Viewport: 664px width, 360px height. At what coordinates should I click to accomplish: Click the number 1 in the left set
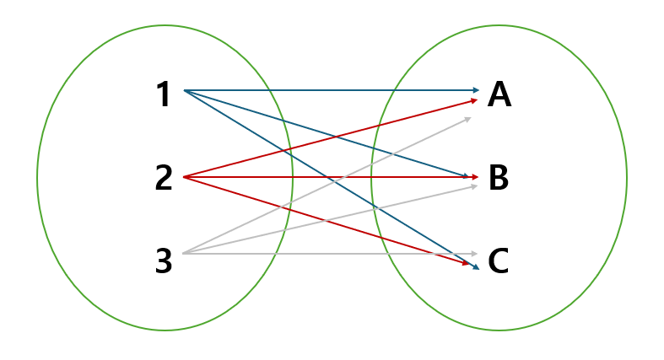pyautogui.click(x=163, y=94)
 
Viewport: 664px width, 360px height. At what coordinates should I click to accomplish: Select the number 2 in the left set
pyautogui.click(x=164, y=178)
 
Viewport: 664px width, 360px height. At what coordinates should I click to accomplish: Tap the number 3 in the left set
pyautogui.click(x=164, y=262)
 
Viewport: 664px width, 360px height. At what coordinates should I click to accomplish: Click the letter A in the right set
pyautogui.click(x=499, y=95)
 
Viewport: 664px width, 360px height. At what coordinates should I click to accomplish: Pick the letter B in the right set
pyautogui.click(x=499, y=179)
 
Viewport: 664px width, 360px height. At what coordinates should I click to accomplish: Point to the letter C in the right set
pyautogui.click(x=499, y=261)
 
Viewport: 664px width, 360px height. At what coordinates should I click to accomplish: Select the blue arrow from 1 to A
pyautogui.click(x=337, y=89)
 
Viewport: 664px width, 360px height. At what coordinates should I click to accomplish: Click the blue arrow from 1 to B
pyautogui.click(x=253, y=111)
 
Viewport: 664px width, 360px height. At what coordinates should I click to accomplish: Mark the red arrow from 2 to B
pyautogui.click(x=253, y=177)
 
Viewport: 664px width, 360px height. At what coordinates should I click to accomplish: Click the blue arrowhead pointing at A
pyautogui.click(x=475, y=89)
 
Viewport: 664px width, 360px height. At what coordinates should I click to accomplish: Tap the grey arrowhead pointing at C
pyautogui.click(x=475, y=253)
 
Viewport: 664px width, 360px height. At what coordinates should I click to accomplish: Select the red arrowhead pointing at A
pyautogui.click(x=474, y=100)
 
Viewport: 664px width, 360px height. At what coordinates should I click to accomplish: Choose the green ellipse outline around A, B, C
pyautogui.click(x=626, y=178)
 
